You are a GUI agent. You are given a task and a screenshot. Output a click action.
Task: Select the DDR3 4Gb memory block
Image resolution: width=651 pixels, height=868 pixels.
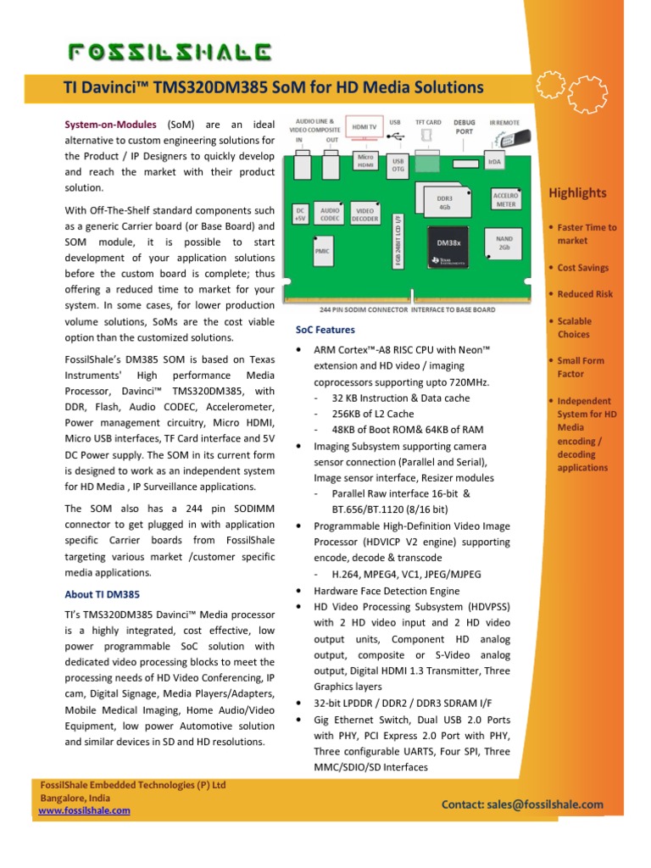pyautogui.click(x=444, y=202)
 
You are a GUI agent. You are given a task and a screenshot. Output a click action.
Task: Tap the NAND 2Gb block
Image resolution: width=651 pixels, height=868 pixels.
pyautogui.click(x=504, y=243)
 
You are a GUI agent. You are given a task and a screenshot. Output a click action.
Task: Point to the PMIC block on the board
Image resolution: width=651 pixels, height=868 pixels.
pyautogui.click(x=322, y=251)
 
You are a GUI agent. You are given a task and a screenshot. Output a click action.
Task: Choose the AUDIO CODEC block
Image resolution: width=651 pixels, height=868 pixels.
pyautogui.click(x=329, y=214)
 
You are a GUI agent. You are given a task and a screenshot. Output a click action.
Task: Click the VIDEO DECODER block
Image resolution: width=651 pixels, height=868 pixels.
pyautogui.click(x=364, y=214)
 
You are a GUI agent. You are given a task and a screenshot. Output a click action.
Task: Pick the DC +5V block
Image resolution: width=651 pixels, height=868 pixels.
pyautogui.click(x=299, y=214)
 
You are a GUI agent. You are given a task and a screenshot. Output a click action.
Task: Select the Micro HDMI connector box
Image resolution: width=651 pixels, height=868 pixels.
pyautogui.click(x=364, y=160)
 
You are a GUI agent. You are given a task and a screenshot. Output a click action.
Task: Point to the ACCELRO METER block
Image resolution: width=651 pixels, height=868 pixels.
pyautogui.click(x=505, y=199)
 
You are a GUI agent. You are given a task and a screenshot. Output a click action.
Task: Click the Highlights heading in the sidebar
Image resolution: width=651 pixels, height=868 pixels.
pyautogui.click(x=577, y=193)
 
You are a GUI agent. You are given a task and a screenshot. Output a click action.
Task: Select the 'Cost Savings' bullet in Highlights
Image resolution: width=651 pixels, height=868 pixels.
pyautogui.click(x=583, y=268)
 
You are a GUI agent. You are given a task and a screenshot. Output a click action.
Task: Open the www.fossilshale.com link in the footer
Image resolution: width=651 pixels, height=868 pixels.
pyautogui.click(x=85, y=810)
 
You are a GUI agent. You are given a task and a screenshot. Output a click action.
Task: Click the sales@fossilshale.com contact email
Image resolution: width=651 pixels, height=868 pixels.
pyautogui.click(x=521, y=804)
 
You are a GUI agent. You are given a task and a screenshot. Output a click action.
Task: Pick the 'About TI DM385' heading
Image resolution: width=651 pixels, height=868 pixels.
pyautogui.click(x=103, y=594)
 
